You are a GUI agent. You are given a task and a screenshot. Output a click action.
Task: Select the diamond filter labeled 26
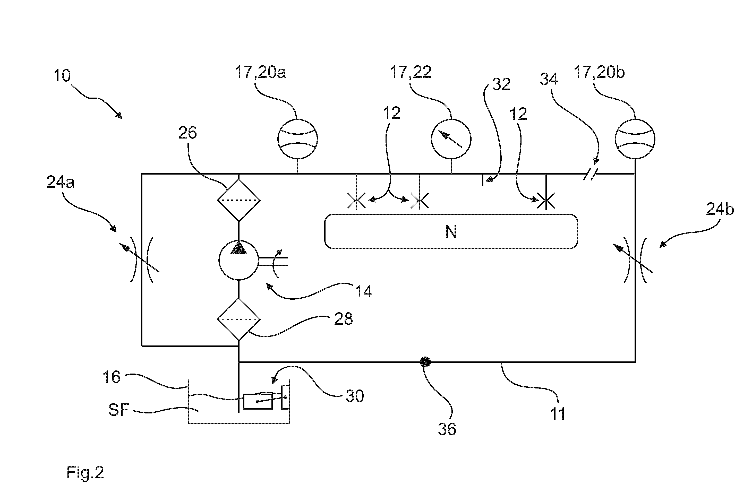point(239,200)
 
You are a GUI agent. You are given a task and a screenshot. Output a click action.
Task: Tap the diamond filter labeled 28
point(239,319)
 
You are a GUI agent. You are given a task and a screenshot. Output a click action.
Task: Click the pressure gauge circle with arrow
point(451,139)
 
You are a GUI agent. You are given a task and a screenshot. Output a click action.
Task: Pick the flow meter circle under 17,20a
point(297,139)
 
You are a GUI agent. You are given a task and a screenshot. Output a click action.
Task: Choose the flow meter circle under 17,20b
point(635,139)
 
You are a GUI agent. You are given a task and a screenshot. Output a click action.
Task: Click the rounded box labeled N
point(451,231)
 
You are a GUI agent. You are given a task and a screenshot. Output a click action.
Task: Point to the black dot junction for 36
point(425,362)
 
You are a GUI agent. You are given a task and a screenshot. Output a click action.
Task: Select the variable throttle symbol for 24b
point(635,260)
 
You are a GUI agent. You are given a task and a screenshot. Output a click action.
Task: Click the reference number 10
point(62,76)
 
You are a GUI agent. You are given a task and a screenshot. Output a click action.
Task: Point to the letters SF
point(119,410)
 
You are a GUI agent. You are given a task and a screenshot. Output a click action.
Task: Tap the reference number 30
point(355,396)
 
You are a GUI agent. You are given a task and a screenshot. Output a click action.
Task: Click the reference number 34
point(549,79)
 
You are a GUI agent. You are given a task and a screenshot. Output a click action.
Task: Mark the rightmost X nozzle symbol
point(546,201)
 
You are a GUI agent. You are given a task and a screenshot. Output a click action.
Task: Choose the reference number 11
point(557,414)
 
